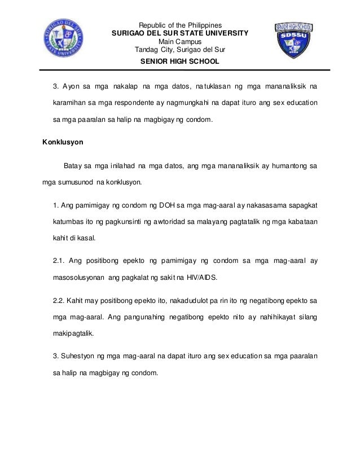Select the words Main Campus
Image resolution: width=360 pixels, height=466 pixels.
click(x=180, y=41)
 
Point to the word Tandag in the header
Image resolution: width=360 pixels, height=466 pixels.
click(x=146, y=49)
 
